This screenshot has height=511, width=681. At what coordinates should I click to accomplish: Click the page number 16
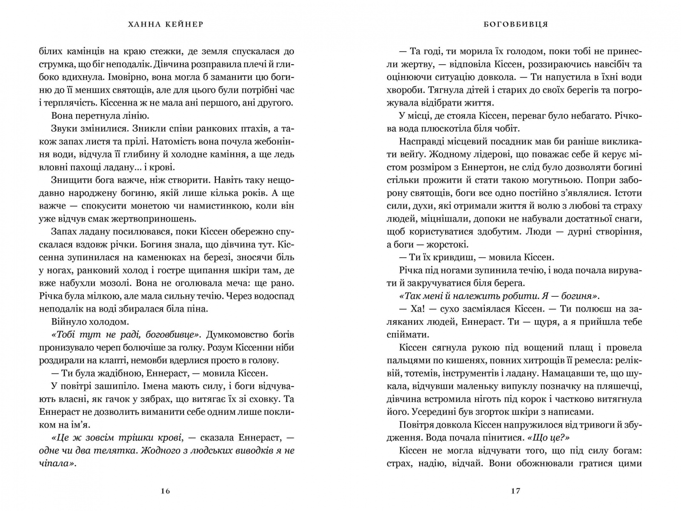(166, 491)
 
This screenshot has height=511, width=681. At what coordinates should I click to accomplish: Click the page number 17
(515, 491)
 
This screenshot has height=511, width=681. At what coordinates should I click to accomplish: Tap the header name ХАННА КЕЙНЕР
(166, 24)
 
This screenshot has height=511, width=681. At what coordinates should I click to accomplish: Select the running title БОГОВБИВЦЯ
(515, 24)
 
